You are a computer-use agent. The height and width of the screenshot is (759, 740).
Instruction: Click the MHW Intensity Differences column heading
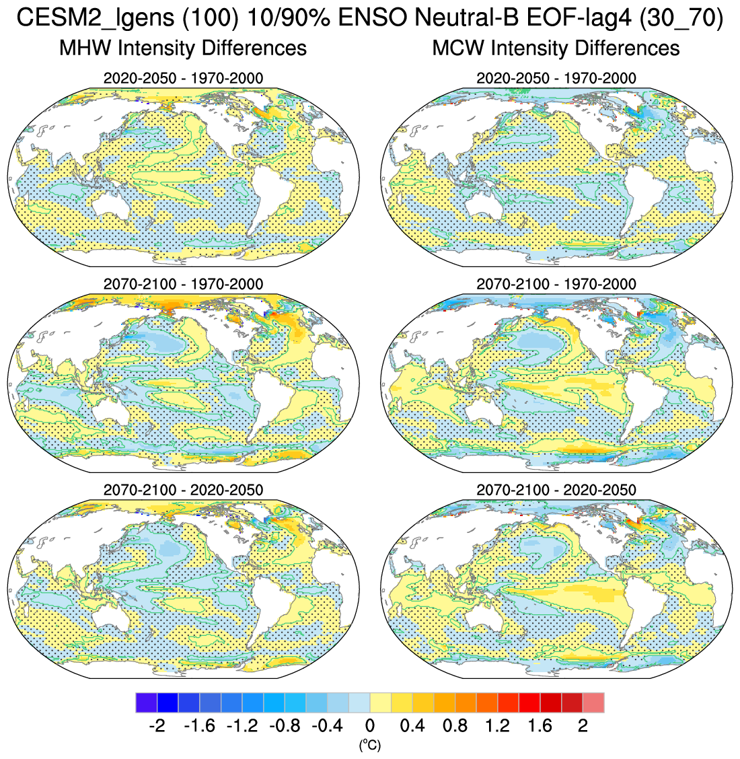pos(183,48)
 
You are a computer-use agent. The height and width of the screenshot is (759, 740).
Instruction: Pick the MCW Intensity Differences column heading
pos(556,48)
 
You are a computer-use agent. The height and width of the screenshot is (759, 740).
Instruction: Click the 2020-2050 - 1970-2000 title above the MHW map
pos(183,78)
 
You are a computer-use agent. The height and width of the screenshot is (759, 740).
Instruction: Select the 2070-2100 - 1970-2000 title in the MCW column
pos(556,284)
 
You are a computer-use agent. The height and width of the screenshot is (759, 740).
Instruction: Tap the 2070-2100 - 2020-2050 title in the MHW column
pos(183,490)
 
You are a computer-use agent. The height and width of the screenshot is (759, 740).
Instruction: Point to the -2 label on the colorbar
pos(156,726)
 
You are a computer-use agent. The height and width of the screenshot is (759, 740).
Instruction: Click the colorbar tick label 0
pos(369,726)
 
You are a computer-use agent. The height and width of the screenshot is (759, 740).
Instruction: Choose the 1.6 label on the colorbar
pos(540,726)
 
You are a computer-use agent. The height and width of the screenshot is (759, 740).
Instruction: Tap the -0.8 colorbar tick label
pos(284,726)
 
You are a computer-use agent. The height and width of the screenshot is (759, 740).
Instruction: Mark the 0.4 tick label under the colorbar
pos(412,726)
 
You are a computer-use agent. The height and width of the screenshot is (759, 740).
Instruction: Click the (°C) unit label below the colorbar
pos(369,745)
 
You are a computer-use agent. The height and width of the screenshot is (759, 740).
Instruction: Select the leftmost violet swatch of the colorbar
pos(146,702)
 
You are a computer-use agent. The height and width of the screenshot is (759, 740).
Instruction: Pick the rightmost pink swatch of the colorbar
pos(593,702)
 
